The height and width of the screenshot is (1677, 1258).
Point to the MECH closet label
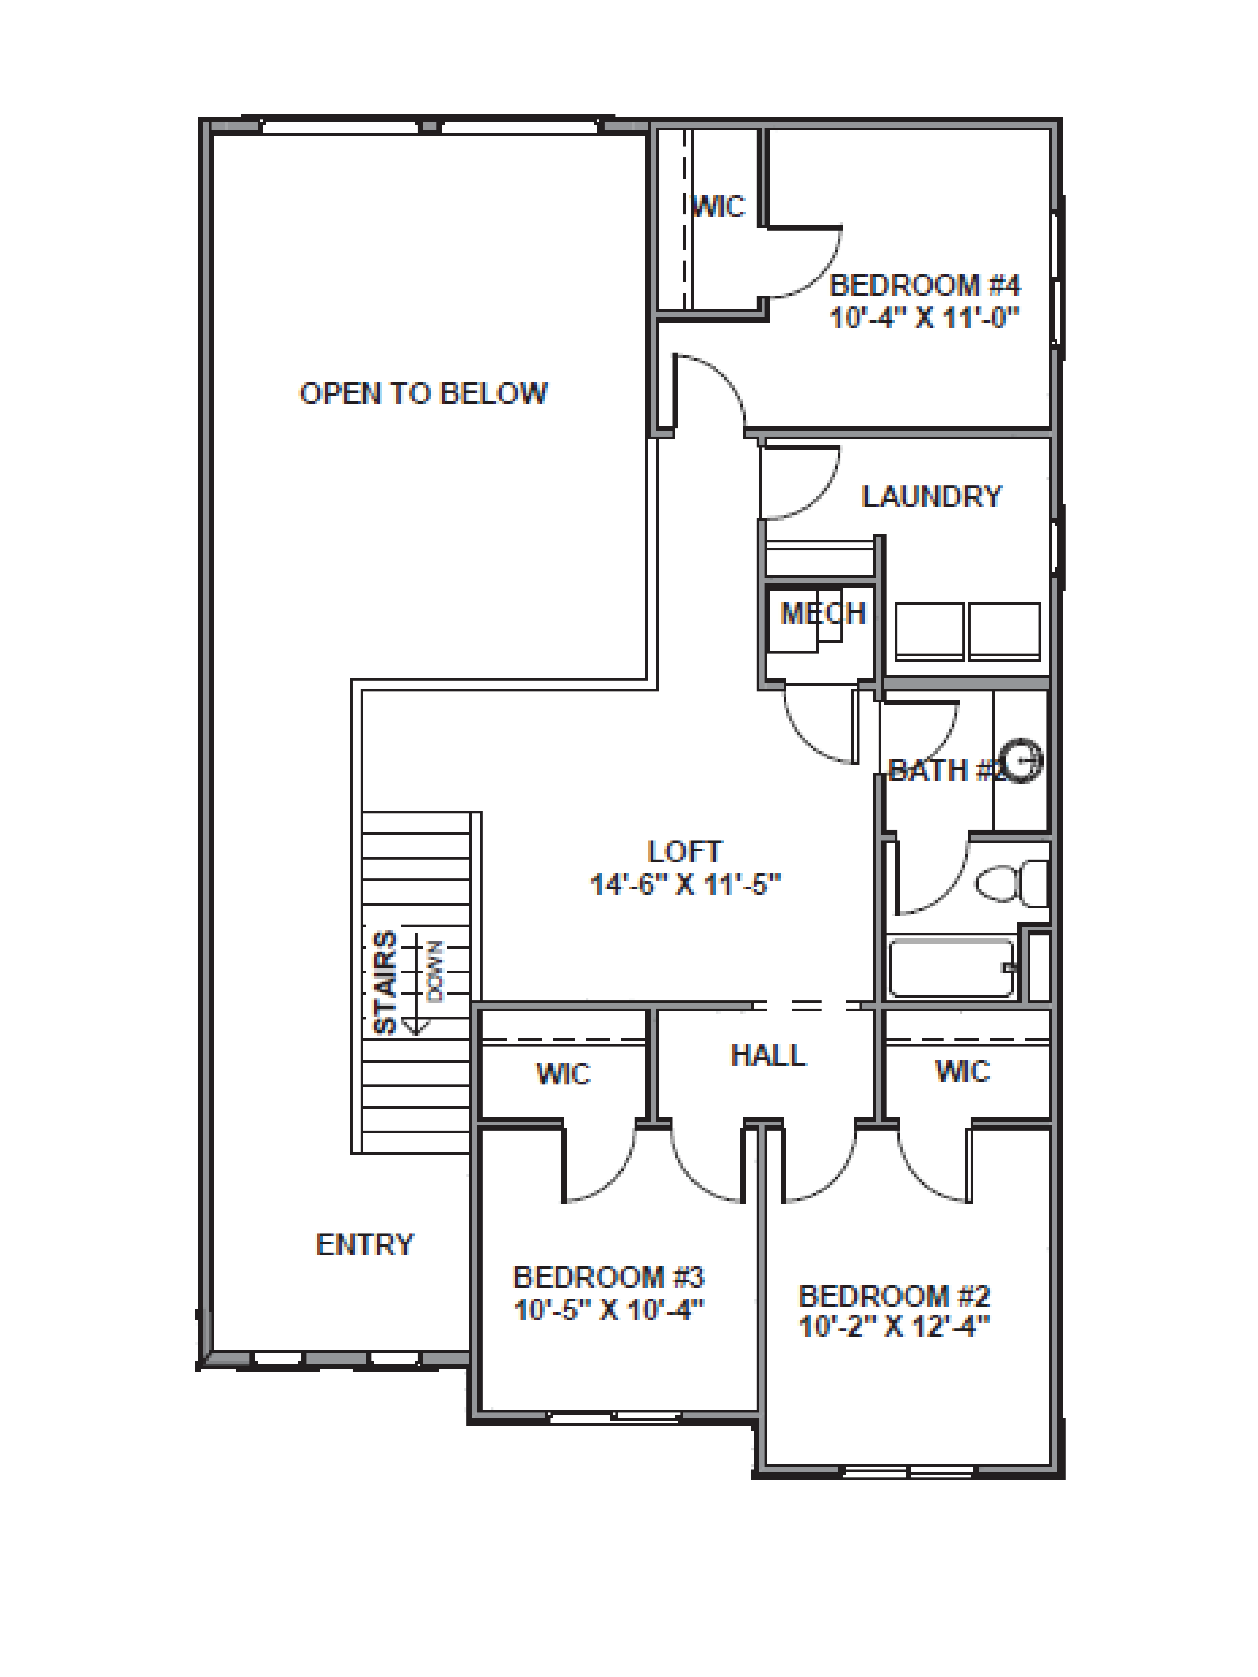(x=823, y=613)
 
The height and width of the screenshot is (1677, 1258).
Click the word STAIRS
(x=385, y=982)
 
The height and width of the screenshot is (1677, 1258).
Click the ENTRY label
(x=365, y=1245)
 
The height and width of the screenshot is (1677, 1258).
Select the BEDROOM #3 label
(x=609, y=1278)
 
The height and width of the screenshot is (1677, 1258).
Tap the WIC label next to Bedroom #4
(x=719, y=206)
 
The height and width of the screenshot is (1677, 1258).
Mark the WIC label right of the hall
(x=962, y=1071)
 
